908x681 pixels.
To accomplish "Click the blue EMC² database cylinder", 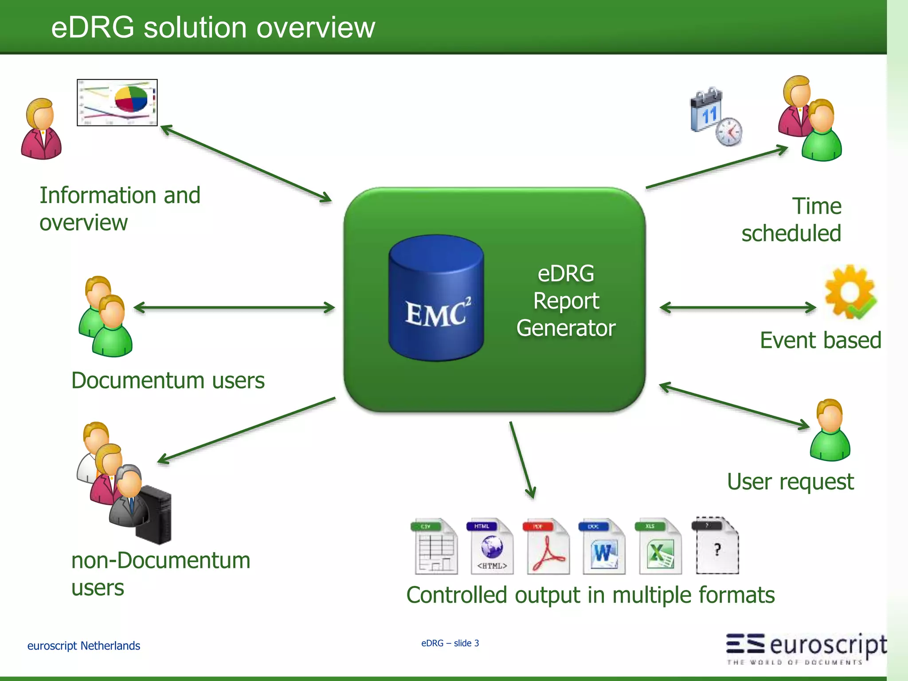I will [x=436, y=298].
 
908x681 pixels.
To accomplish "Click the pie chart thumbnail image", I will [x=117, y=103].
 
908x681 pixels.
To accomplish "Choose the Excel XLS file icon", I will [x=660, y=547].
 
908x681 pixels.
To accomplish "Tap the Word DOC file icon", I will [x=603, y=547].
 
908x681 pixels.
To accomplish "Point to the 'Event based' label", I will [x=820, y=340].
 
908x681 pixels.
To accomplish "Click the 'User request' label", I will [x=790, y=482].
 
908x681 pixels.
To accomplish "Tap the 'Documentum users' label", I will [x=168, y=380].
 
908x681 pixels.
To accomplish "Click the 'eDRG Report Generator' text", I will [x=566, y=301].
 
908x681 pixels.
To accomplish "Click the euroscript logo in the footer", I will [x=806, y=647].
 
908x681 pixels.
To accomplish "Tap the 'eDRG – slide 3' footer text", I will [x=450, y=643].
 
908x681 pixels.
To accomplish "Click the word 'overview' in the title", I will [x=316, y=27].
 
